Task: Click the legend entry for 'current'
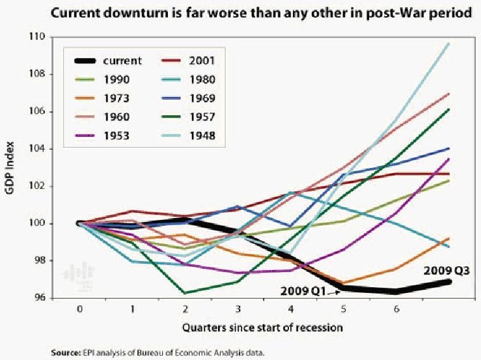(x=122, y=61)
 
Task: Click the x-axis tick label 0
(x=79, y=311)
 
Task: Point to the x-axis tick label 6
(x=396, y=311)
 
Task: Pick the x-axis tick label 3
(x=238, y=311)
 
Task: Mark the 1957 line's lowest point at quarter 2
(x=185, y=292)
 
